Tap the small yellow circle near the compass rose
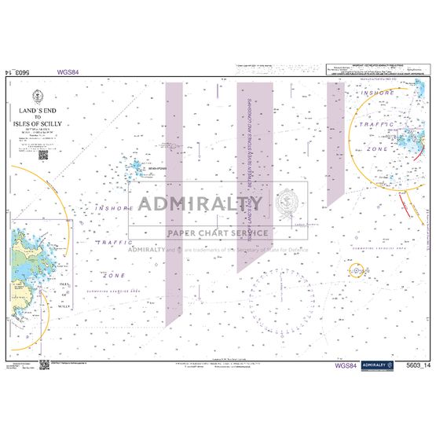357,271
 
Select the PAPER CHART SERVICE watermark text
218,233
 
